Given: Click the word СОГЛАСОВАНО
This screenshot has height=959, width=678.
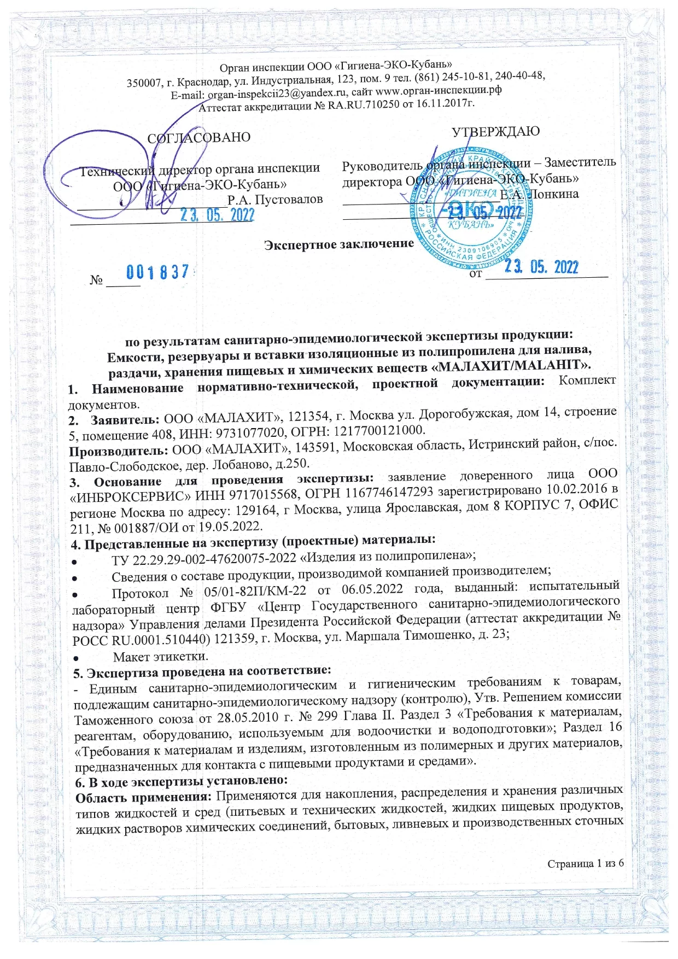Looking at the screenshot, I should tap(199, 137).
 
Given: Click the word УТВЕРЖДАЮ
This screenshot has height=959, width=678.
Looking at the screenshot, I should tap(495, 131).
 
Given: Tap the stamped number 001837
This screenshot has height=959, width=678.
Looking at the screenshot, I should tap(158, 271).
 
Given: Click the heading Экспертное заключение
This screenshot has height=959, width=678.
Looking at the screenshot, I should tap(339, 244).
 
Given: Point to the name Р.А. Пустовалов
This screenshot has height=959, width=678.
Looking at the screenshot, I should tap(275, 199).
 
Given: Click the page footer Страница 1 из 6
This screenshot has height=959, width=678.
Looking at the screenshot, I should tap(585, 863).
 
